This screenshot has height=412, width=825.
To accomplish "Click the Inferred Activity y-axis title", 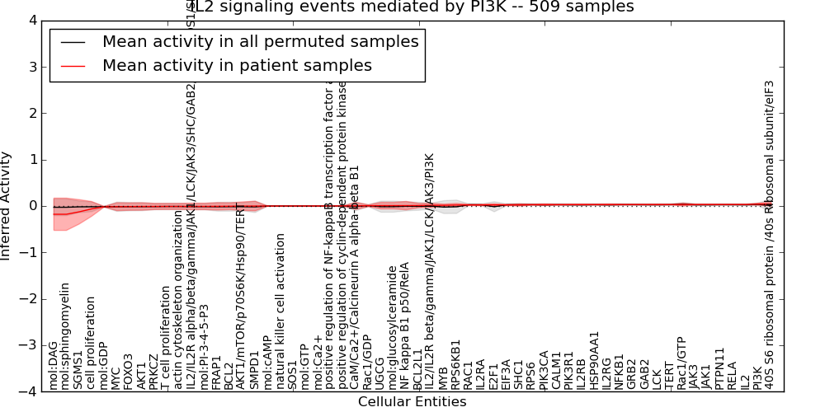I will [x=7, y=206].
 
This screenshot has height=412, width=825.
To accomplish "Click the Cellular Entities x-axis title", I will [x=412, y=402].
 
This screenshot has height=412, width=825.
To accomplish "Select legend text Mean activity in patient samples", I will [x=237, y=66].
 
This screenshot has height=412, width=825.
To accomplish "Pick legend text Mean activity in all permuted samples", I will [x=260, y=42].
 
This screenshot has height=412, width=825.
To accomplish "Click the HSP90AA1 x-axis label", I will [x=595, y=360].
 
